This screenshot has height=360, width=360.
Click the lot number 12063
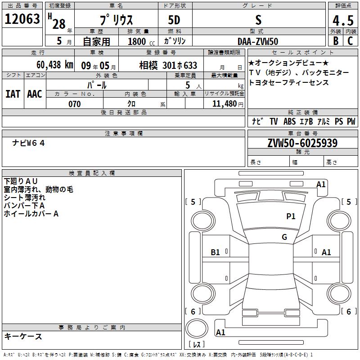coord(22,18)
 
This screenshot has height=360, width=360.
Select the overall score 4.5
coord(343,20)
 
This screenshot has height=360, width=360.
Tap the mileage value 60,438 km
coord(55,65)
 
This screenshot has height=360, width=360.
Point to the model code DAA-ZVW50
coord(258,41)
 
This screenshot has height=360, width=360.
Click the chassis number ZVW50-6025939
coord(302,143)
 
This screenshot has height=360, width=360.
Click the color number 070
coord(75,104)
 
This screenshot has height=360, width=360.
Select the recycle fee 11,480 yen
coord(228,104)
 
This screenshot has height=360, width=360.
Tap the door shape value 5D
coord(174,20)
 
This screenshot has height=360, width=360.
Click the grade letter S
coord(258,20)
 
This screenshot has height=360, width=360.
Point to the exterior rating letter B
coord(336,41)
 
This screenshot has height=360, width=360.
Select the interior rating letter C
coord(350,41)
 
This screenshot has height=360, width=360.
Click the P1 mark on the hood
coord(291,216)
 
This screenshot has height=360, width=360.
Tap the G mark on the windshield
coord(284,237)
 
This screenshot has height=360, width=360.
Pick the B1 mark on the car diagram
coord(215,252)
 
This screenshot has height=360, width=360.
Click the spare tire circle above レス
coord(197,328)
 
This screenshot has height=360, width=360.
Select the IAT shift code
coord(13,94)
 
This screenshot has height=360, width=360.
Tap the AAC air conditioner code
coord(35,94)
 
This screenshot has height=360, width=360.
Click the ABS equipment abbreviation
coord(289,121)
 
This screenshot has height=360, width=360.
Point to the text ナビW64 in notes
coord(28,143)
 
